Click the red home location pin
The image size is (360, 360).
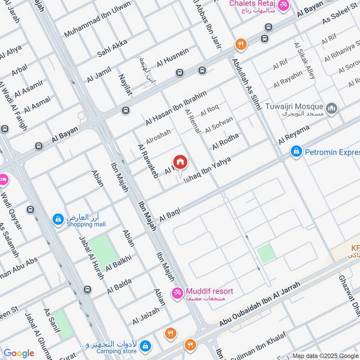point(180,162)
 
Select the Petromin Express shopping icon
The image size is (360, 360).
point(296,152)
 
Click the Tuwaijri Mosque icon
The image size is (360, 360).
point(332,109)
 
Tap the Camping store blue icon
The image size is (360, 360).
point(145,346)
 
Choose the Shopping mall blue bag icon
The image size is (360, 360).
point(58,220)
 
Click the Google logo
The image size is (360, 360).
point(19,353)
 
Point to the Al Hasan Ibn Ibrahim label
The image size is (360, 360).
point(176,108)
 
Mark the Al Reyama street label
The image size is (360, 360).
point(294,135)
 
